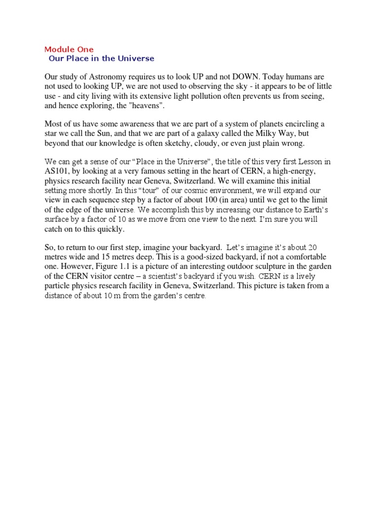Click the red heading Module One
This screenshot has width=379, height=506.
pyautogui.click(x=69, y=49)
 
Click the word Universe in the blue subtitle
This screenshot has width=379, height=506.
pyautogui.click(x=135, y=58)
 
